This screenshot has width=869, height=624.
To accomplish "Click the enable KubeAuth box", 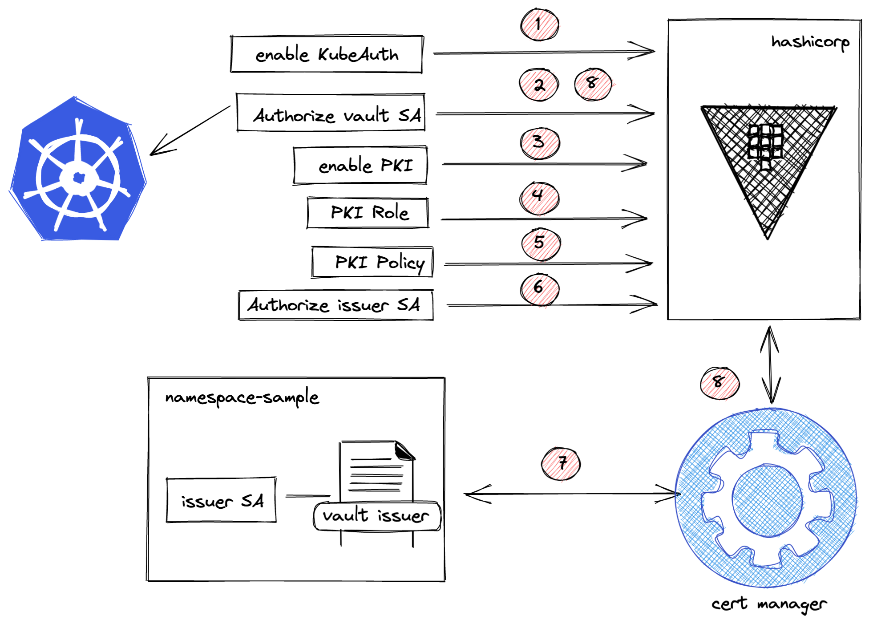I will tap(326, 54).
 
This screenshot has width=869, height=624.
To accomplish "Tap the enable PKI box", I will tap(360, 165).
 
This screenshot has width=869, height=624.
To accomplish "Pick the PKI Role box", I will tap(368, 213).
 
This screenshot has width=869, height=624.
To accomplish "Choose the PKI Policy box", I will tap(372, 262).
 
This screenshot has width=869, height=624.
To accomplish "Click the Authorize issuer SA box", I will tap(335, 305).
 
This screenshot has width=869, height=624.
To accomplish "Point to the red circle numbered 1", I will tap(539, 24).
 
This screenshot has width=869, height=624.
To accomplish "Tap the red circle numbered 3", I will tap(539, 143).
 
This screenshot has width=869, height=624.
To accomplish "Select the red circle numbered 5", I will tap(540, 243).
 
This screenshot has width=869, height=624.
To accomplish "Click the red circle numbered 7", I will tap(561, 463).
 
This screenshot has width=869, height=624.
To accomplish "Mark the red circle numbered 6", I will tap(539, 288).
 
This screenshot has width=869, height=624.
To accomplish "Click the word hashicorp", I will tap(810, 42).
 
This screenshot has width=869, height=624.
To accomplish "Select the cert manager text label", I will tap(768, 604).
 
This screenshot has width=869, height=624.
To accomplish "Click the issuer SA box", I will tap(221, 500).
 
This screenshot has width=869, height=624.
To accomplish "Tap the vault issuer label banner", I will tap(376, 516).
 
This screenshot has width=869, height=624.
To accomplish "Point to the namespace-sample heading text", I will tap(242, 397).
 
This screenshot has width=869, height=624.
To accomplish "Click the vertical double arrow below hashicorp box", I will tap(769, 365).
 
